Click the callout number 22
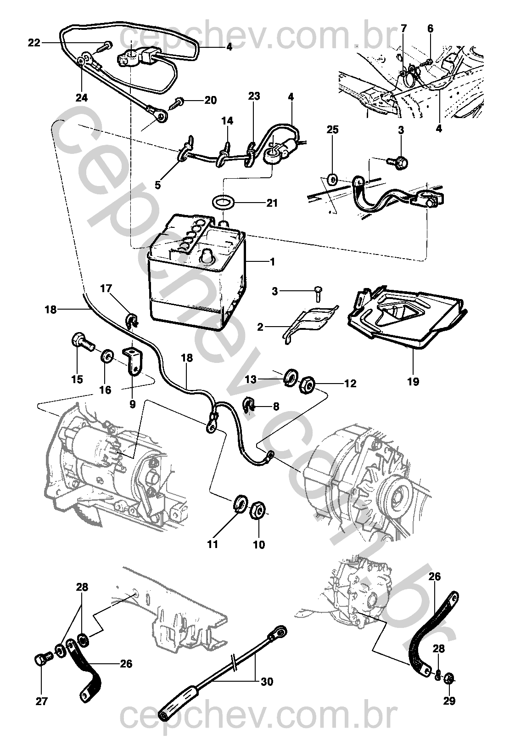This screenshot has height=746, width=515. tap(34, 43)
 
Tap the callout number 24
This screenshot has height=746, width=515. tap(81, 98)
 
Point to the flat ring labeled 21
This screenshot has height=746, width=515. tap(223, 201)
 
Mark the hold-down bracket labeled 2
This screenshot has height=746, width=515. tap(310, 322)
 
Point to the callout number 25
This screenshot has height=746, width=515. tap(332, 130)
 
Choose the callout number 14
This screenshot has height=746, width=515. tap(227, 121)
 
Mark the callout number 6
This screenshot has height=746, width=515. tap(430, 28)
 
